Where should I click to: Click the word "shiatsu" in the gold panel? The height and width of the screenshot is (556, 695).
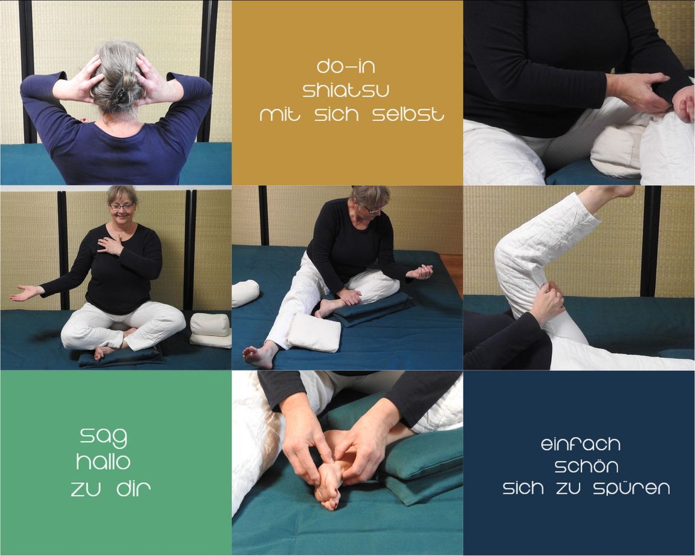click(x=346, y=91)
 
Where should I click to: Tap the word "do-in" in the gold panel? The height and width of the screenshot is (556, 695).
click(x=346, y=66)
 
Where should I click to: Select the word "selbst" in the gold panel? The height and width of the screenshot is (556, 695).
click(x=408, y=114)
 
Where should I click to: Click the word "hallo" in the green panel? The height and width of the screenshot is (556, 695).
click(x=103, y=462)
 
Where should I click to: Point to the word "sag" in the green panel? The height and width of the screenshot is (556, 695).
click(x=103, y=438)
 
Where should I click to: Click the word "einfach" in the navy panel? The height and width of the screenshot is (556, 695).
click(x=581, y=444)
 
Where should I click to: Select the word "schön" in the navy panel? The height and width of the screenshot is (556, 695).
click(x=586, y=465)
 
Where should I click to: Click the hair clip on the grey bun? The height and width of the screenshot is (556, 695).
click(x=119, y=94)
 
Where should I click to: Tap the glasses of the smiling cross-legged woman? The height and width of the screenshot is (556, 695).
click(x=122, y=207)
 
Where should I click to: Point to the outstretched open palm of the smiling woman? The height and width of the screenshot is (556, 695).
click(x=27, y=293)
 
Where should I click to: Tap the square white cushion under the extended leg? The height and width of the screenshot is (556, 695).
click(x=314, y=332)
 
